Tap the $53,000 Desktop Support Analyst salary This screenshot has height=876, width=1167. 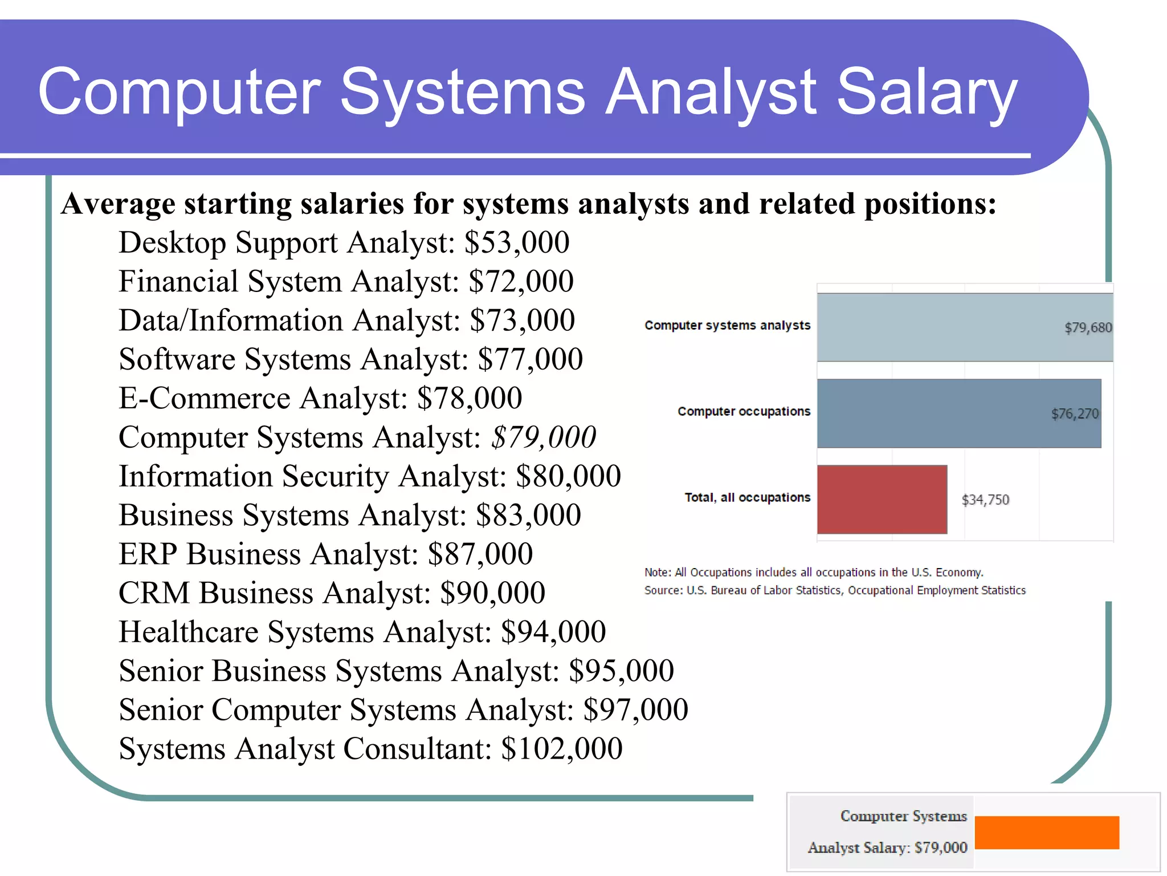pos(517,242)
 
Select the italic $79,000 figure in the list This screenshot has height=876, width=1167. pos(544,437)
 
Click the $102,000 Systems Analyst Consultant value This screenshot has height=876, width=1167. pos(562,749)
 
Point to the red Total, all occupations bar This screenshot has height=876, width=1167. pos(882,500)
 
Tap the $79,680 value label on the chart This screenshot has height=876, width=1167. pos(1088,328)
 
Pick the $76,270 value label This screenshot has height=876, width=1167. pos(1074,414)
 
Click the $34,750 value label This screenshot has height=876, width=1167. pos(985,500)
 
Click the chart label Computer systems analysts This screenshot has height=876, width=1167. pos(727,325)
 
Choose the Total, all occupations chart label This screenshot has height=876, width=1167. pos(747,497)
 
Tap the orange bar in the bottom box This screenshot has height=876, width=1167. pos(1047,833)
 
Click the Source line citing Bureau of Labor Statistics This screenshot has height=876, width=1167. pos(835,590)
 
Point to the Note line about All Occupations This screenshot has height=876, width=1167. pos(814,572)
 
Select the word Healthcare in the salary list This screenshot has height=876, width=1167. pos(189,632)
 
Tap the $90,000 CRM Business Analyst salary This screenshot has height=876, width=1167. pos(493,593)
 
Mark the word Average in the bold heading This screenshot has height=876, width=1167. pos(118,204)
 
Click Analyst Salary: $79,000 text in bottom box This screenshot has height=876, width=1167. pos(887,847)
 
